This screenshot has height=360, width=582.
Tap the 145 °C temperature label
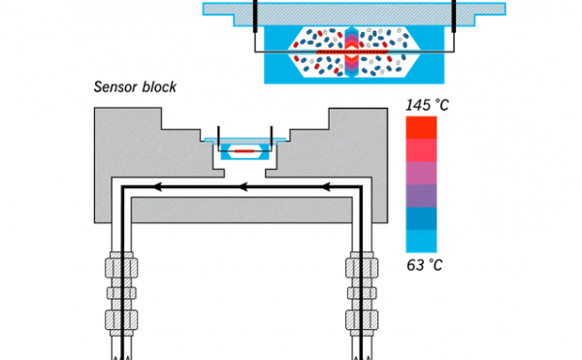tap(427, 105)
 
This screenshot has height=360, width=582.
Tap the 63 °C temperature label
tap(425, 265)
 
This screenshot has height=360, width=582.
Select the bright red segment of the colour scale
tap(421, 128)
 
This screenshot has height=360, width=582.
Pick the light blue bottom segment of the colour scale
tap(421, 242)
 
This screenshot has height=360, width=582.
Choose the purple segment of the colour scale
tap(421, 196)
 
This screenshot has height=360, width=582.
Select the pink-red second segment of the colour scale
tap(421, 150)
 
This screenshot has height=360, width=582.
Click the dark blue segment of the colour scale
tap(421, 218)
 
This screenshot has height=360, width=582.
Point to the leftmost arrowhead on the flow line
tap(157, 187)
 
